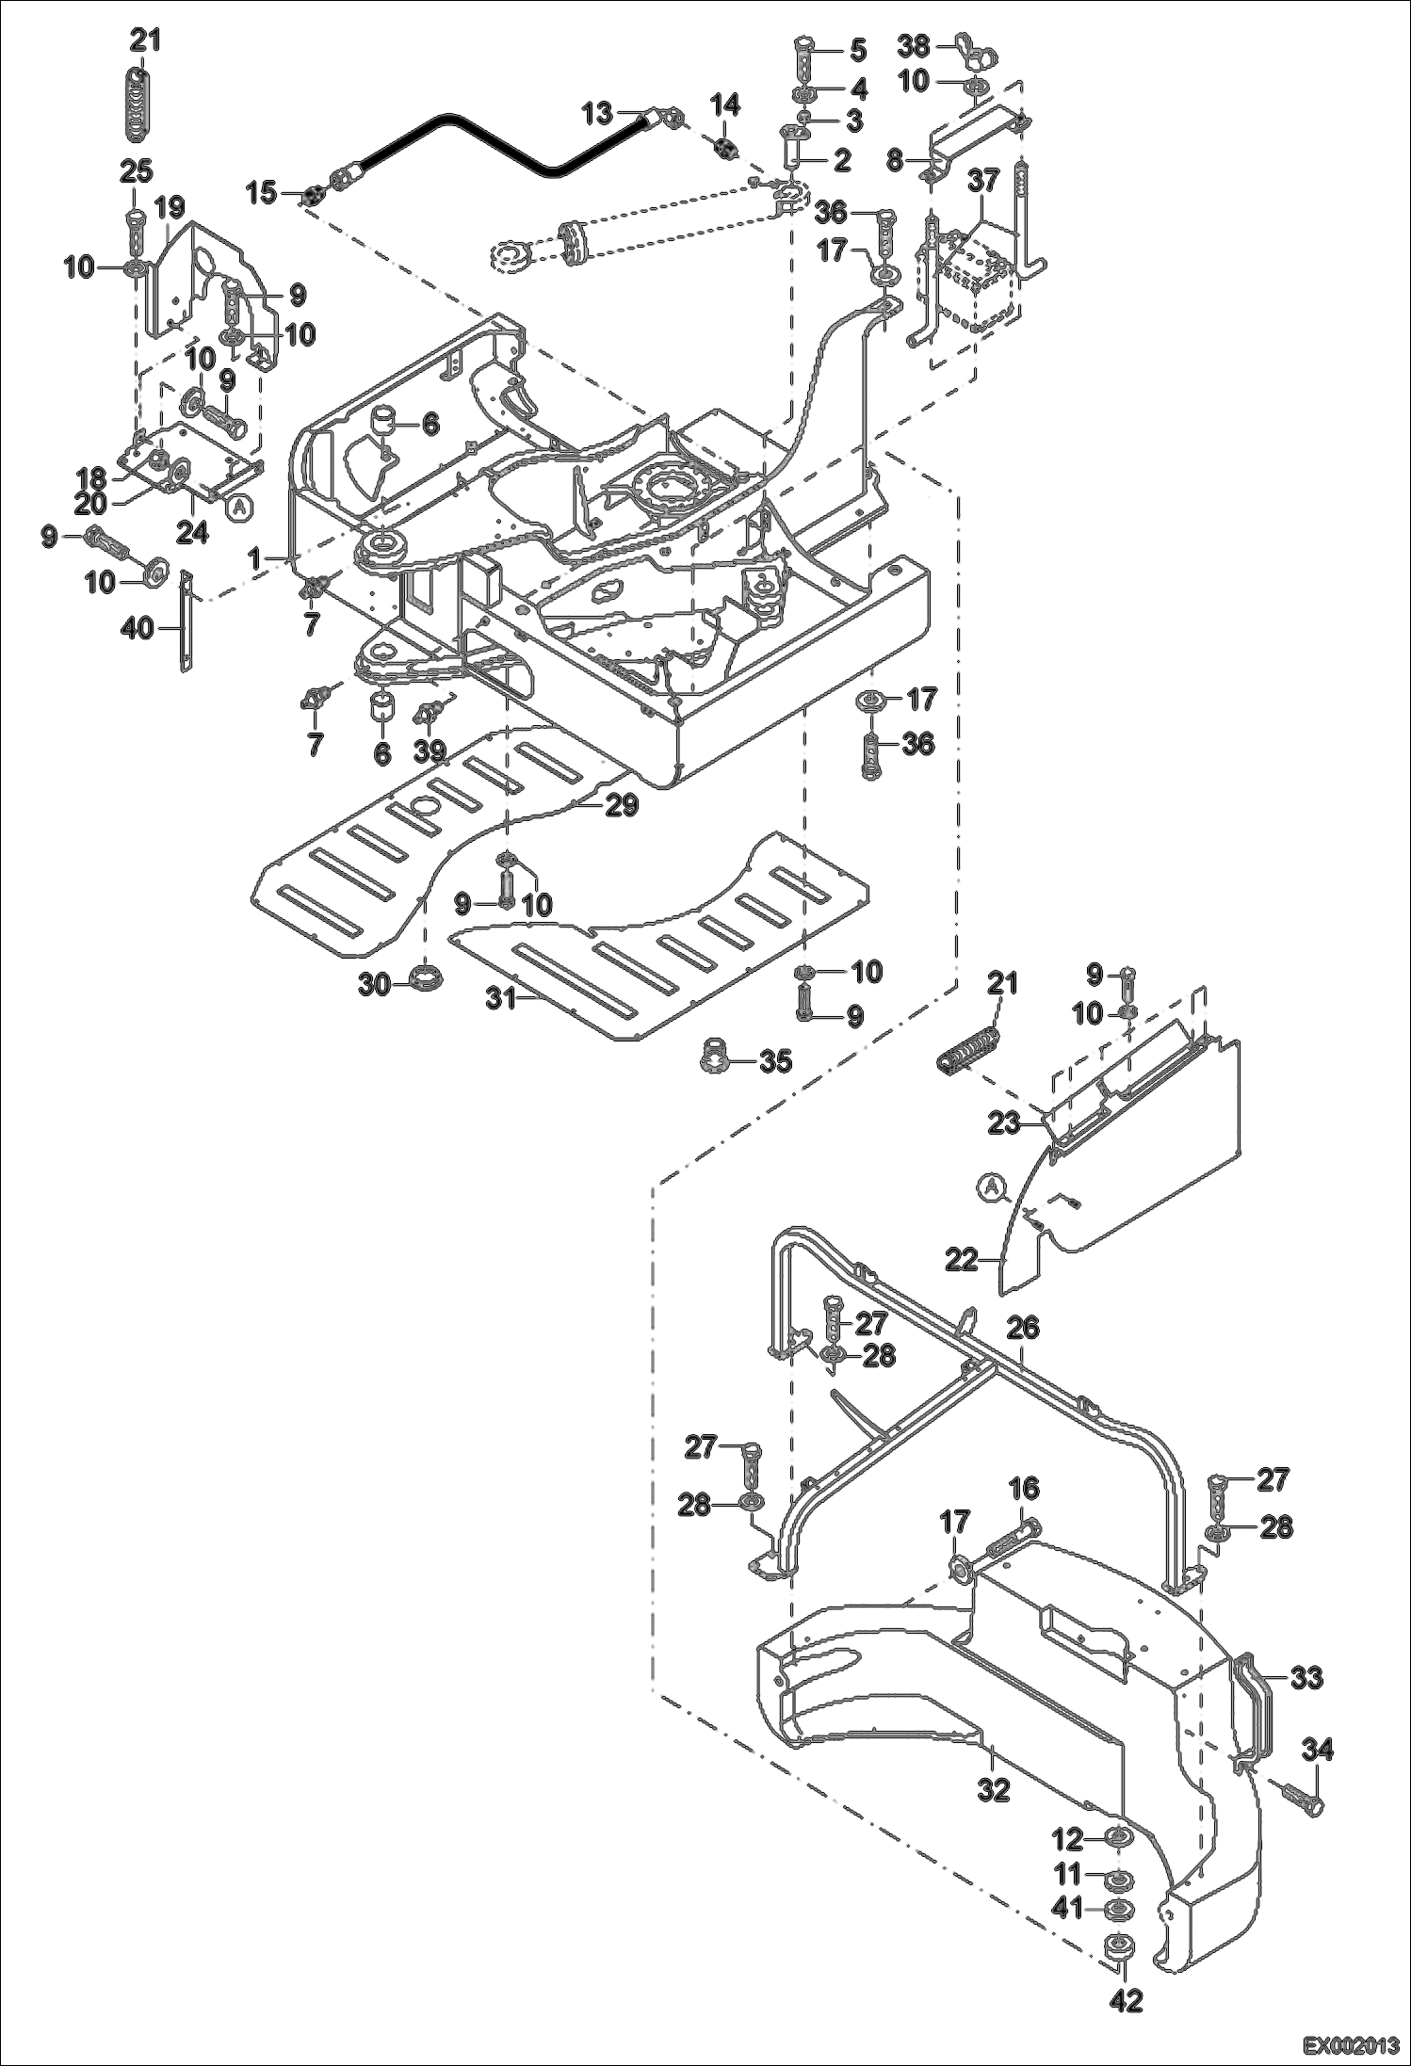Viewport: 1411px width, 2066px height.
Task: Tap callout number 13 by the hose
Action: tap(597, 114)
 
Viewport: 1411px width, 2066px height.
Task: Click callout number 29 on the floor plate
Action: tap(623, 805)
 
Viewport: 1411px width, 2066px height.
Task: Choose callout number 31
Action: tap(502, 999)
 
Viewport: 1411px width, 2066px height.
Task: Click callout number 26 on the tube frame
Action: tap(1024, 1329)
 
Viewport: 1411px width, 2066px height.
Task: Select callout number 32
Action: tap(995, 1790)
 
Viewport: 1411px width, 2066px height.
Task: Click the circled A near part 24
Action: tap(240, 507)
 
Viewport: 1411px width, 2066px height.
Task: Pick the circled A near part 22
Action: tap(990, 1188)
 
